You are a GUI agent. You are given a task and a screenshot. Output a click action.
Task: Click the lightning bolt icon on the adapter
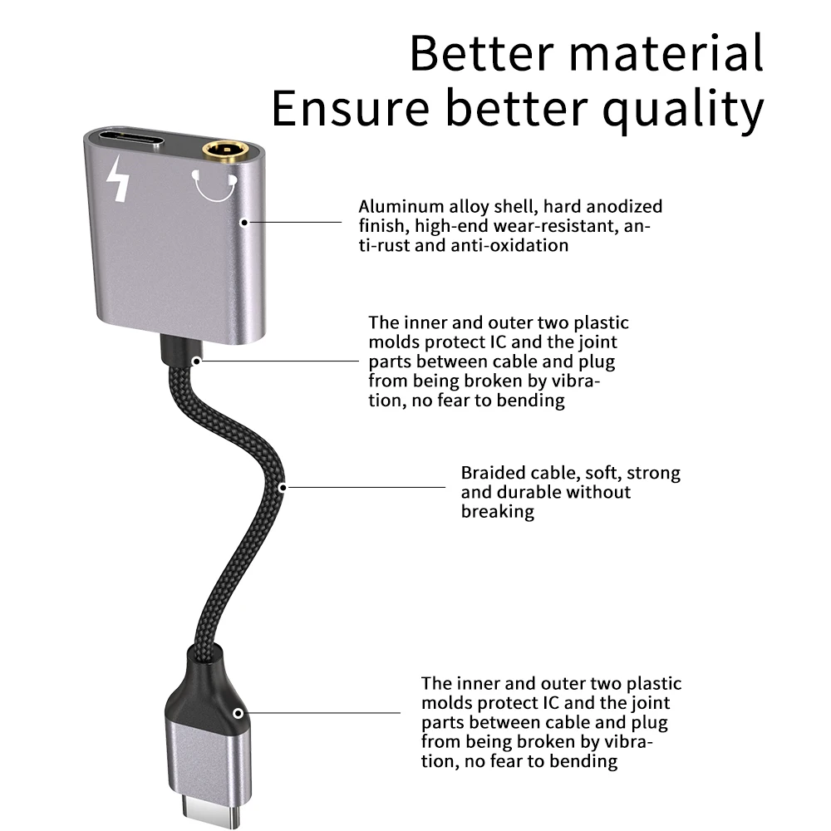pos(120,180)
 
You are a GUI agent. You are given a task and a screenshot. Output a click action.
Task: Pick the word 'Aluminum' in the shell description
pos(393,206)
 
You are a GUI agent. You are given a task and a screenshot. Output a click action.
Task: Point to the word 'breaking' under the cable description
pos(497,511)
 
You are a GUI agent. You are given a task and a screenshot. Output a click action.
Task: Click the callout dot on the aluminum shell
pos(244,222)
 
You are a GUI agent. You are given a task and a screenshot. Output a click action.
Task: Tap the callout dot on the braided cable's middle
pos(283,486)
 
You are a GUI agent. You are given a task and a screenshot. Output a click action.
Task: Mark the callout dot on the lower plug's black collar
pos(238,713)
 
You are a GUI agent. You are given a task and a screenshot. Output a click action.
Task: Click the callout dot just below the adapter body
pos(197,361)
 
